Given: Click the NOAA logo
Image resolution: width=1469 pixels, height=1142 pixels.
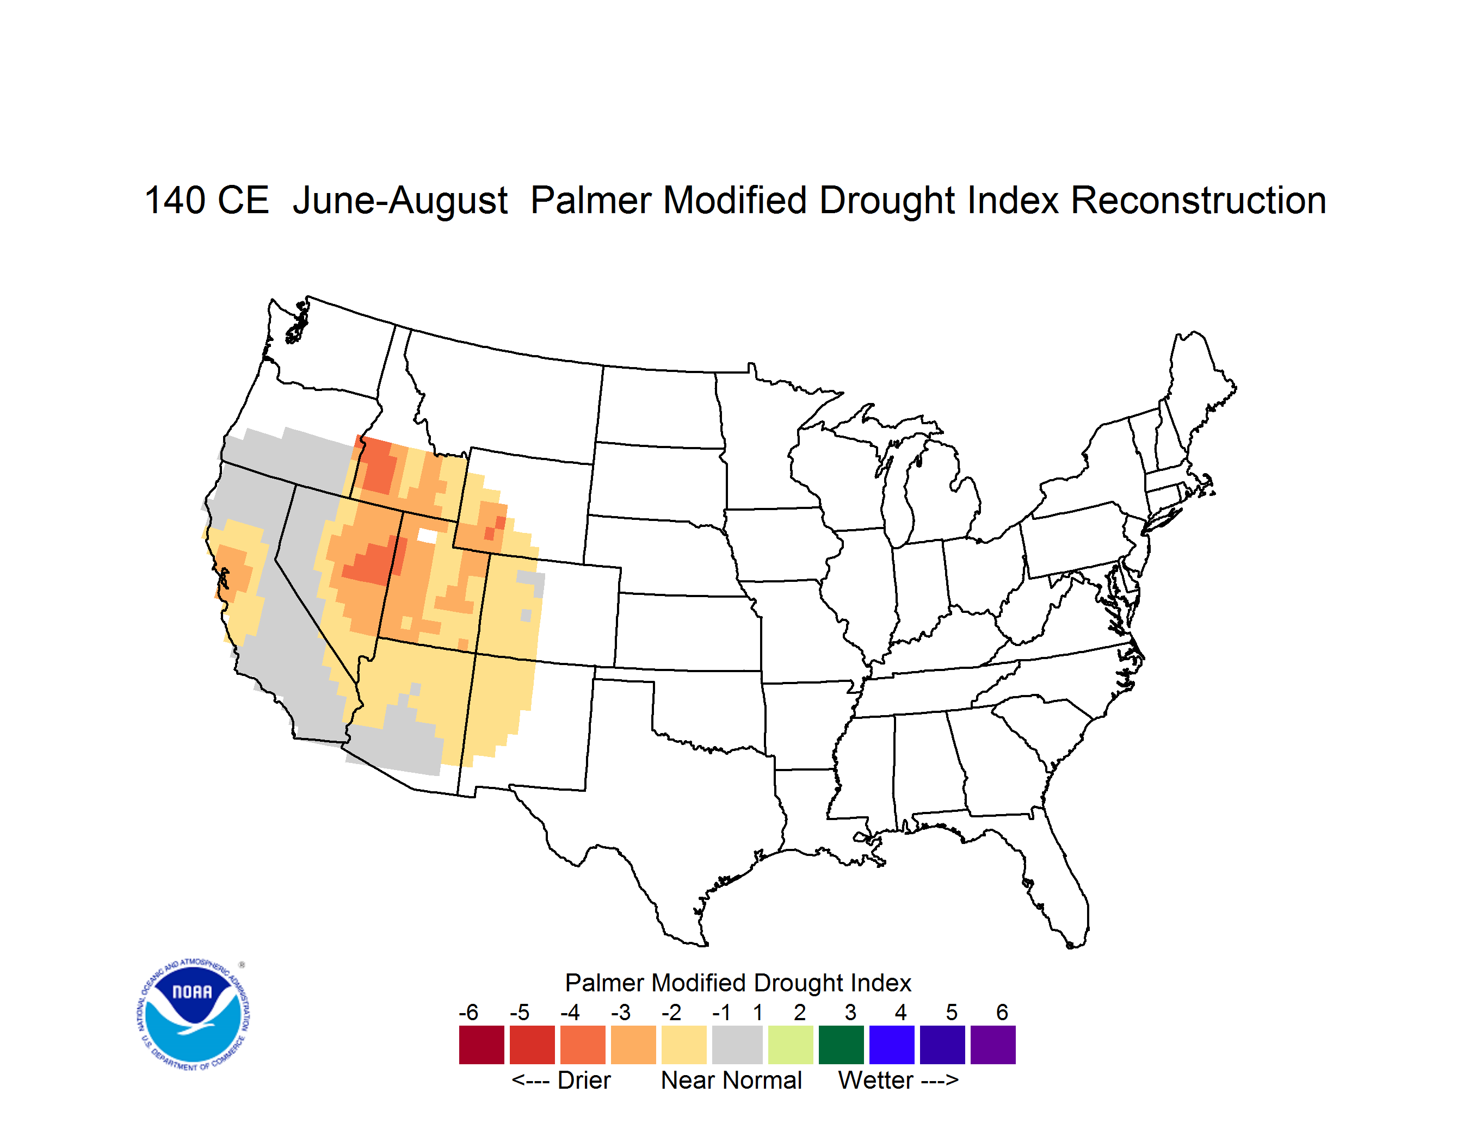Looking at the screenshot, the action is (x=194, y=1015).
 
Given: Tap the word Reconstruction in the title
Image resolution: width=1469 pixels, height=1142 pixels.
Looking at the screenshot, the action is (x=1198, y=200).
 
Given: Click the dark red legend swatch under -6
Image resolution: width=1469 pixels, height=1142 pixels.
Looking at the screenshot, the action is (x=482, y=1045).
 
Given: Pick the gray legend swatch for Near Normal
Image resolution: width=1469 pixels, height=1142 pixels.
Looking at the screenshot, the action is (x=737, y=1045).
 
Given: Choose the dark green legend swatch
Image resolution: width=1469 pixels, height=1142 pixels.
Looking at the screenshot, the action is (x=841, y=1045).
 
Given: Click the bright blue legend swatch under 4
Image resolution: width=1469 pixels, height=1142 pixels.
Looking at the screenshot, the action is (x=892, y=1045).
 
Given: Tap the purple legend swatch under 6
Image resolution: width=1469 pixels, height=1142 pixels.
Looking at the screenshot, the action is (x=993, y=1045).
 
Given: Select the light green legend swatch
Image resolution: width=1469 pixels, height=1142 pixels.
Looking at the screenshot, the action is (x=791, y=1045).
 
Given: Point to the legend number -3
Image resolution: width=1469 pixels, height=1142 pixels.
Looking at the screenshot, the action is (x=620, y=1012).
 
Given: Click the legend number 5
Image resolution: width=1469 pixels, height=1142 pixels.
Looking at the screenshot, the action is (x=951, y=1012).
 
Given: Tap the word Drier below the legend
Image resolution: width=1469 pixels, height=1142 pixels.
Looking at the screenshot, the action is (x=584, y=1080).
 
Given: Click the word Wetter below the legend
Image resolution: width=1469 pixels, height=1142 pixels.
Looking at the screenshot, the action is (x=876, y=1080).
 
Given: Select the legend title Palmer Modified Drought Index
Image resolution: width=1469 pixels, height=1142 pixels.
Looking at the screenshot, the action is (x=738, y=983).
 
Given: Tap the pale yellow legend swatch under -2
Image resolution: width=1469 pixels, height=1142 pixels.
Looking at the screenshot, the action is (x=684, y=1045).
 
